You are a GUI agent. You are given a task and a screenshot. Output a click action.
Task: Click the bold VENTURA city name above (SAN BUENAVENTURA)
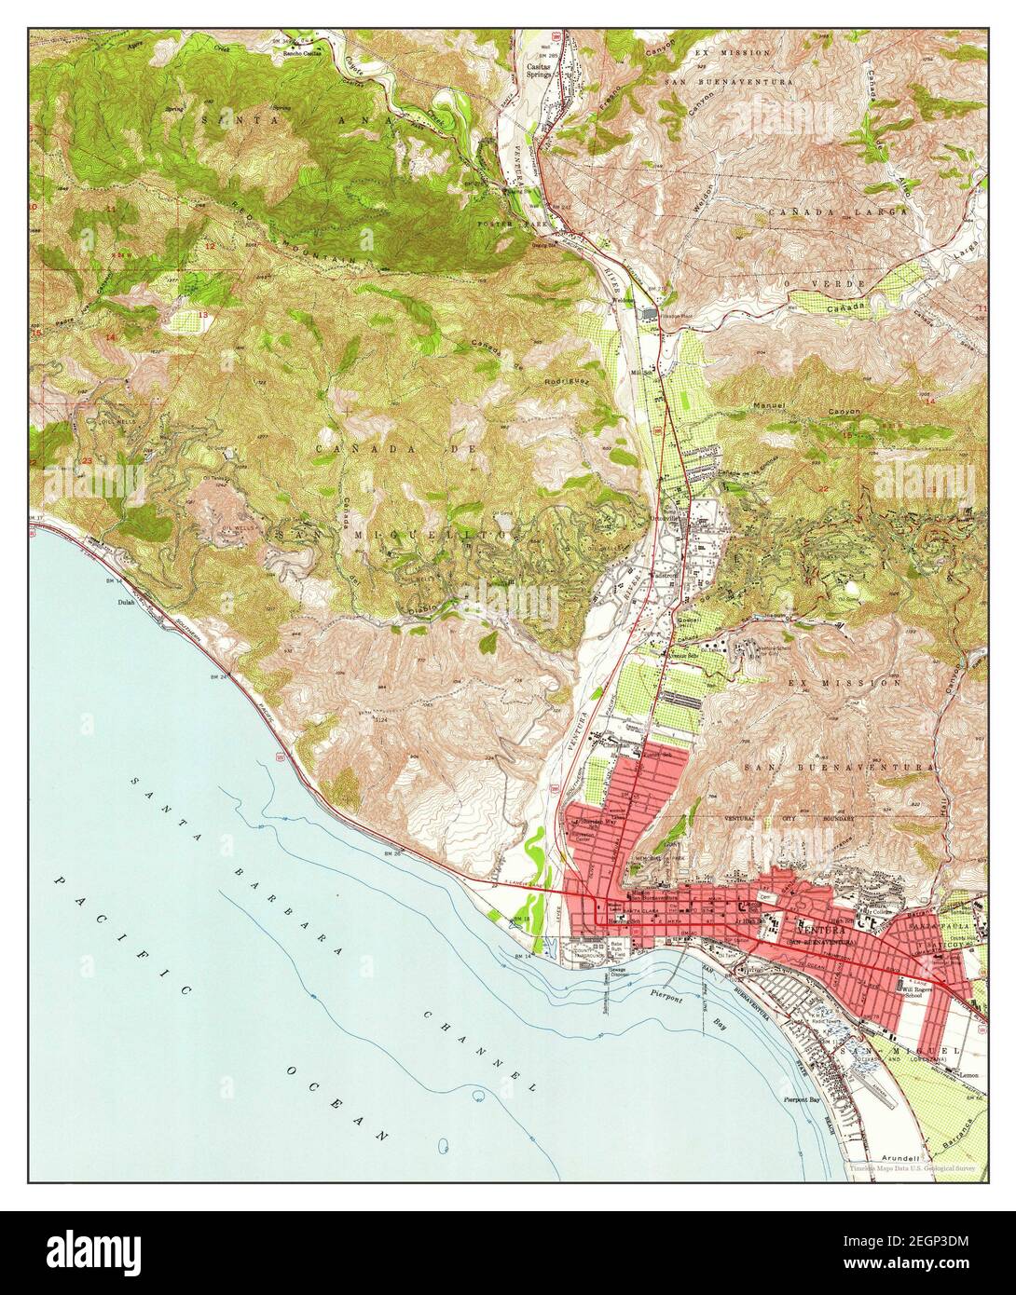pyautogui.click(x=822, y=930)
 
